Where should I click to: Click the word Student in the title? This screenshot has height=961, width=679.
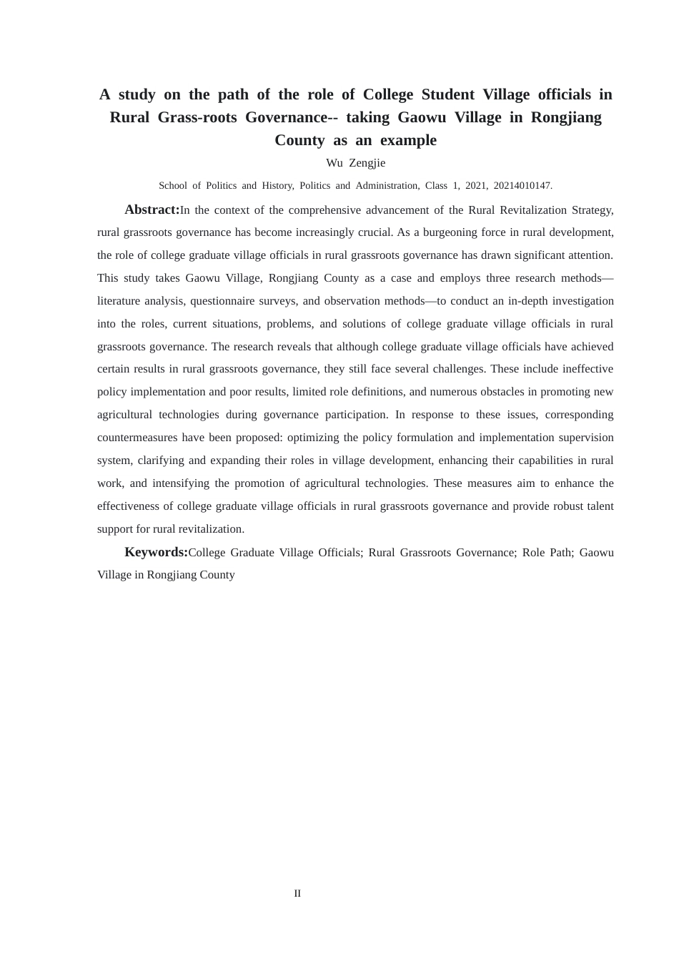[x=447, y=94]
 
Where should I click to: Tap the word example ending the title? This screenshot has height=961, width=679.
[x=408, y=140]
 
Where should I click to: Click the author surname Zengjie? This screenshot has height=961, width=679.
[x=367, y=163]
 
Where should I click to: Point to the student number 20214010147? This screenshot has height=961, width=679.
[x=522, y=186]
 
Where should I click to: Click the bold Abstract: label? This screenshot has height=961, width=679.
[x=152, y=210]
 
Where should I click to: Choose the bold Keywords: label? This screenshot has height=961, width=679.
[x=156, y=552]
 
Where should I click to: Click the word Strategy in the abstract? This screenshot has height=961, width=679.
[x=591, y=210]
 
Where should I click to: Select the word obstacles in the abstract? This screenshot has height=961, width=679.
[x=503, y=392]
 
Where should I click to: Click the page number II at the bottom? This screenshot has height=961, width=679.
[x=297, y=894]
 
